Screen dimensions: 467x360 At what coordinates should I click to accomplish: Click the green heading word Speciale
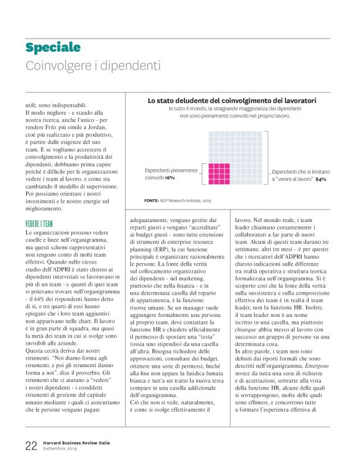[x=53, y=48]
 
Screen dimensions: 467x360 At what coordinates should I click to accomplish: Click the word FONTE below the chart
[x=152, y=200]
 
